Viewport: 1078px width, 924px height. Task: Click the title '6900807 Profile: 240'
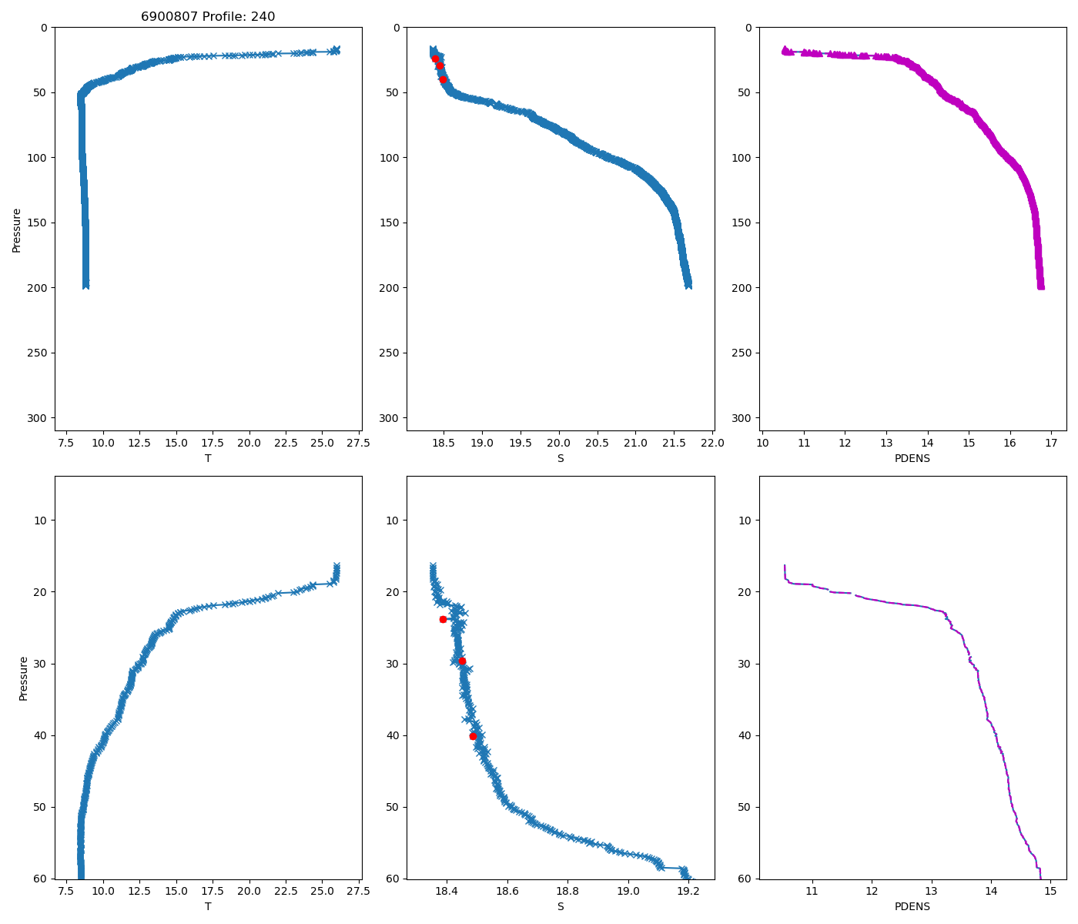click(x=208, y=17)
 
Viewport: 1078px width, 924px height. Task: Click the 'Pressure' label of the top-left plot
click(x=17, y=229)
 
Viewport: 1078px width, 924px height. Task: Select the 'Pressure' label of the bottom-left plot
click(x=23, y=678)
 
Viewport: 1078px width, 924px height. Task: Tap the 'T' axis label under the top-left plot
click(x=208, y=458)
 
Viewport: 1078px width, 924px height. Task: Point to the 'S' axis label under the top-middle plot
click(x=561, y=458)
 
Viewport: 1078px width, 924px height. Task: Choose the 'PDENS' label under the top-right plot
click(x=912, y=458)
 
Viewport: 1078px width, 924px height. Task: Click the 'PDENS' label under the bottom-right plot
click(x=912, y=906)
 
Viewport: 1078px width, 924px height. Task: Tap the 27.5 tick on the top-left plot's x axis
click(x=358, y=443)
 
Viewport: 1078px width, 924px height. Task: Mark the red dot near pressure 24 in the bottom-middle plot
click(x=443, y=619)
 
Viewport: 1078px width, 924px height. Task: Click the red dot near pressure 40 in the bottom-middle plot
click(x=473, y=736)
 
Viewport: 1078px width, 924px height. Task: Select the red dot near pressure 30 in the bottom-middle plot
click(x=462, y=661)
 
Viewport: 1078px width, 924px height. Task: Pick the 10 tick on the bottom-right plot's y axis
click(x=745, y=520)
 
